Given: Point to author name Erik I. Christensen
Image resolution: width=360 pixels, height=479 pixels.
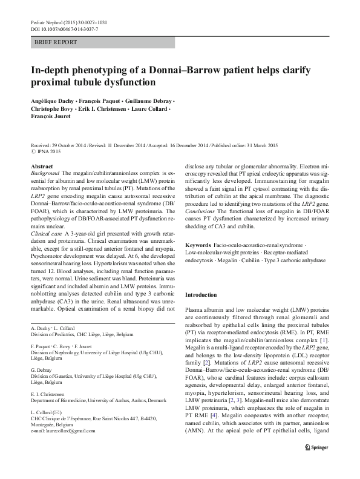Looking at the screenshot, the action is click(x=108, y=109).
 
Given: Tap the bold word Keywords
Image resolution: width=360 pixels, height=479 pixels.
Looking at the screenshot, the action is click(x=198, y=244).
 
